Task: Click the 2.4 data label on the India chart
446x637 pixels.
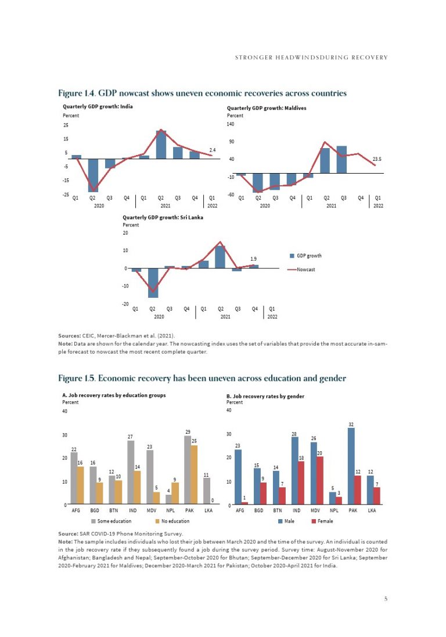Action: coord(213,150)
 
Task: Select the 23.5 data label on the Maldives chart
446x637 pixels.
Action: coord(376,159)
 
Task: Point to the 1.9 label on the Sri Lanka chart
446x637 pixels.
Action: coord(253,258)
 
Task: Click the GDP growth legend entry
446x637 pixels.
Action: coord(308,256)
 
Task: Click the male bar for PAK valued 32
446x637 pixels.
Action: coord(351,466)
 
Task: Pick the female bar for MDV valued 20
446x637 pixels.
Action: coord(319,481)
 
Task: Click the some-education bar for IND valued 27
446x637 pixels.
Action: coord(131,473)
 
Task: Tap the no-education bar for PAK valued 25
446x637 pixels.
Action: coord(193,475)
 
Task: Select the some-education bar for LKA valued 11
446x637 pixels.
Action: coord(206,491)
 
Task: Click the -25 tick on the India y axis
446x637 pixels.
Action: coord(66,195)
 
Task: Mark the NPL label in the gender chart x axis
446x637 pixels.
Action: coord(333,511)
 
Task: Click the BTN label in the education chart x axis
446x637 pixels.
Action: coord(114,511)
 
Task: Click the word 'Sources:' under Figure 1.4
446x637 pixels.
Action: coord(69,336)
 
